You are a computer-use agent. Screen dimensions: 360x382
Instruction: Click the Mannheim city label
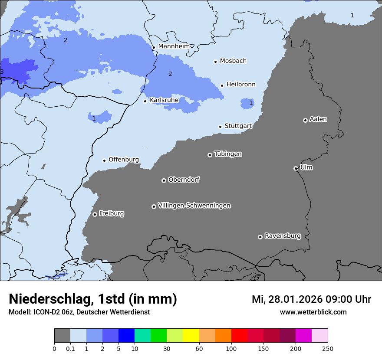(174, 46)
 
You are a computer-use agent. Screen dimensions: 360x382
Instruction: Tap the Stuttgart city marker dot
(220, 127)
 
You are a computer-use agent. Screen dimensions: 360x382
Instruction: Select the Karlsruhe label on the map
(164, 100)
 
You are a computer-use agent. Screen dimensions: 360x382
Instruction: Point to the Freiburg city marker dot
(95, 214)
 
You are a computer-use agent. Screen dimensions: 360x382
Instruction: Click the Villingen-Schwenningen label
(194, 206)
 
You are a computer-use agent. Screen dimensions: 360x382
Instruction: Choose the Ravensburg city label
(283, 236)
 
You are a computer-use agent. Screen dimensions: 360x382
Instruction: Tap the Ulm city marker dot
(296, 168)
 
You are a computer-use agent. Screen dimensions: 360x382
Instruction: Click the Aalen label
(318, 119)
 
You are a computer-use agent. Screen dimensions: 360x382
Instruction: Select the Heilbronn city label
(241, 85)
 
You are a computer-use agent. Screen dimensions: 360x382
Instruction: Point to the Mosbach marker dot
(215, 62)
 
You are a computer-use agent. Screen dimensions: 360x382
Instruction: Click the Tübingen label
(228, 154)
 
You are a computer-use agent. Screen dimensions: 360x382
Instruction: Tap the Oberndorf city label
(184, 180)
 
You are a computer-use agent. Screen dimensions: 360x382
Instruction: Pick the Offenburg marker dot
(104, 160)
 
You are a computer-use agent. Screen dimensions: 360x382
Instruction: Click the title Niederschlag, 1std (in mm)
(93, 299)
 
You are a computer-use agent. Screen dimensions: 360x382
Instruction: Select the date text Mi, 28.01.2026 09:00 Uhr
(311, 299)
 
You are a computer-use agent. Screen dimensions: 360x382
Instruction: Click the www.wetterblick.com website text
(313, 312)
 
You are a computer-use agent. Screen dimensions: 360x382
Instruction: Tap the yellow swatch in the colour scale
(191, 336)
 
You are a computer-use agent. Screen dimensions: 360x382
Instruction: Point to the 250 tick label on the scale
(328, 348)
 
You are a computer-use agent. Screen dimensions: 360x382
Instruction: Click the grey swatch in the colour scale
(62, 336)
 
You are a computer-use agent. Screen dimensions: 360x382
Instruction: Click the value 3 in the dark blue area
(2, 72)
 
